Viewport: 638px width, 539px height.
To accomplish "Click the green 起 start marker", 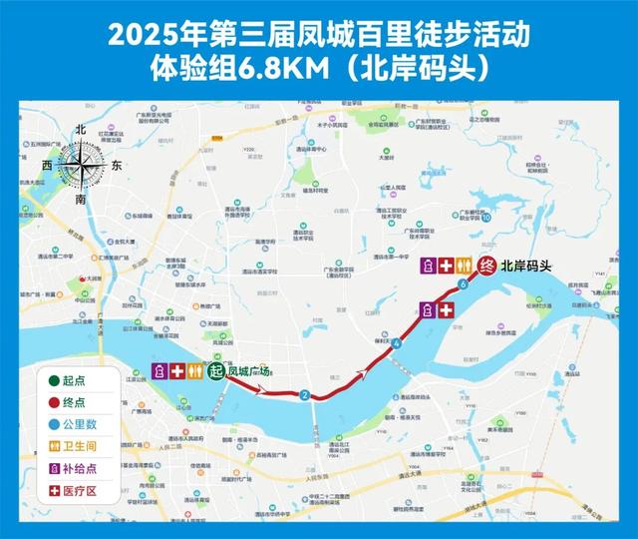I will (x=215, y=371).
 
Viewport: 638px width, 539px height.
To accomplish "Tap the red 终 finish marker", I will (x=486, y=266).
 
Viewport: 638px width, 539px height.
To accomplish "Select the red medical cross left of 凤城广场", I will (x=177, y=371).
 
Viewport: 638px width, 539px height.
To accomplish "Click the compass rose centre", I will (x=81, y=163).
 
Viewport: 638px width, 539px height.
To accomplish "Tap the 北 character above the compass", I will (x=82, y=130).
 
